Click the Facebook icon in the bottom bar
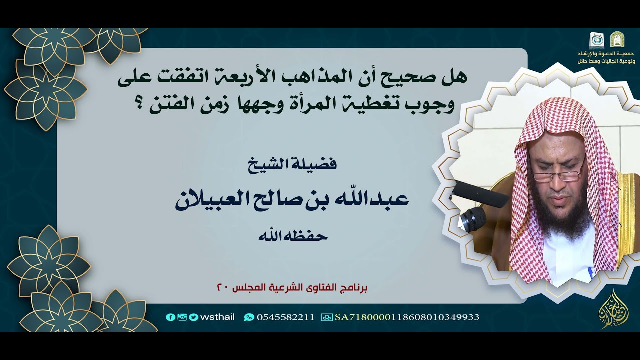pyautogui.click(x=170, y=317)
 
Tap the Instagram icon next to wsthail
pyautogui.click(x=182, y=317)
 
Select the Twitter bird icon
pyautogui.click(x=193, y=317)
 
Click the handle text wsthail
pyautogui.click(x=215, y=317)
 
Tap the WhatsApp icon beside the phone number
pyautogui.click(x=249, y=317)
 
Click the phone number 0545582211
pyautogui.click(x=285, y=317)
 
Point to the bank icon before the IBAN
pyautogui.click(x=327, y=317)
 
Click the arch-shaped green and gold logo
pyautogui.click(x=617, y=39)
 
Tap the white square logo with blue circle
pyautogui.click(x=597, y=40)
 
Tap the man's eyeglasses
pyautogui.click(x=557, y=174)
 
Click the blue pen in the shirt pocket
pyautogui.click(x=591, y=273)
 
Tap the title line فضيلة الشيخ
pyautogui.click(x=292, y=163)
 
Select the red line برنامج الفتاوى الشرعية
pyautogui.click(x=293, y=288)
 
